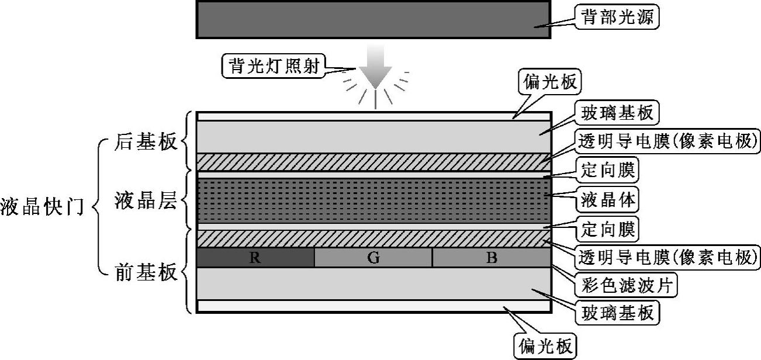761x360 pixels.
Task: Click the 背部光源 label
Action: click(617, 18)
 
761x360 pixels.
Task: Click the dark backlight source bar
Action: click(373, 20)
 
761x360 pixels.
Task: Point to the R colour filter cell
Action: click(255, 258)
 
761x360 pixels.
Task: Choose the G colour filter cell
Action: click(373, 258)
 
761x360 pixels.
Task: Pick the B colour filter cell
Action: click(492, 258)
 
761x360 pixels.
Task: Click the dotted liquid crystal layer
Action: click(373, 200)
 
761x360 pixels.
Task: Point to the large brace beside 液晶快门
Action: click(98, 207)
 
